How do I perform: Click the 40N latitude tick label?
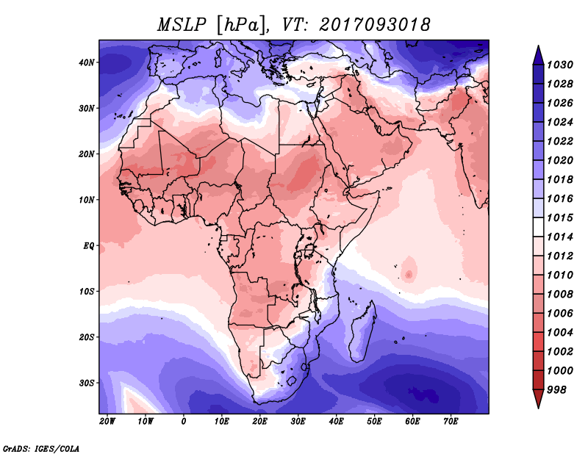tap(87, 62)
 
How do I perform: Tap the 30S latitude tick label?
tap(87, 383)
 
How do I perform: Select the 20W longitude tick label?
tap(107, 422)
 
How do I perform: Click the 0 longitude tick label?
tap(184, 422)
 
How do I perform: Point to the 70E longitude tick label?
tap(451, 422)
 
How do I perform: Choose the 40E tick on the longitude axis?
tap(337, 422)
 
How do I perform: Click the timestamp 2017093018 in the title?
tap(373, 24)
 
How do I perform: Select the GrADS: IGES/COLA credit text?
tap(41, 447)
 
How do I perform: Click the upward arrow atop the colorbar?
tap(537, 51)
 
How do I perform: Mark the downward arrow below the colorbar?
tap(537, 400)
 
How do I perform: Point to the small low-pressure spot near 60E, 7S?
tap(409, 274)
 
